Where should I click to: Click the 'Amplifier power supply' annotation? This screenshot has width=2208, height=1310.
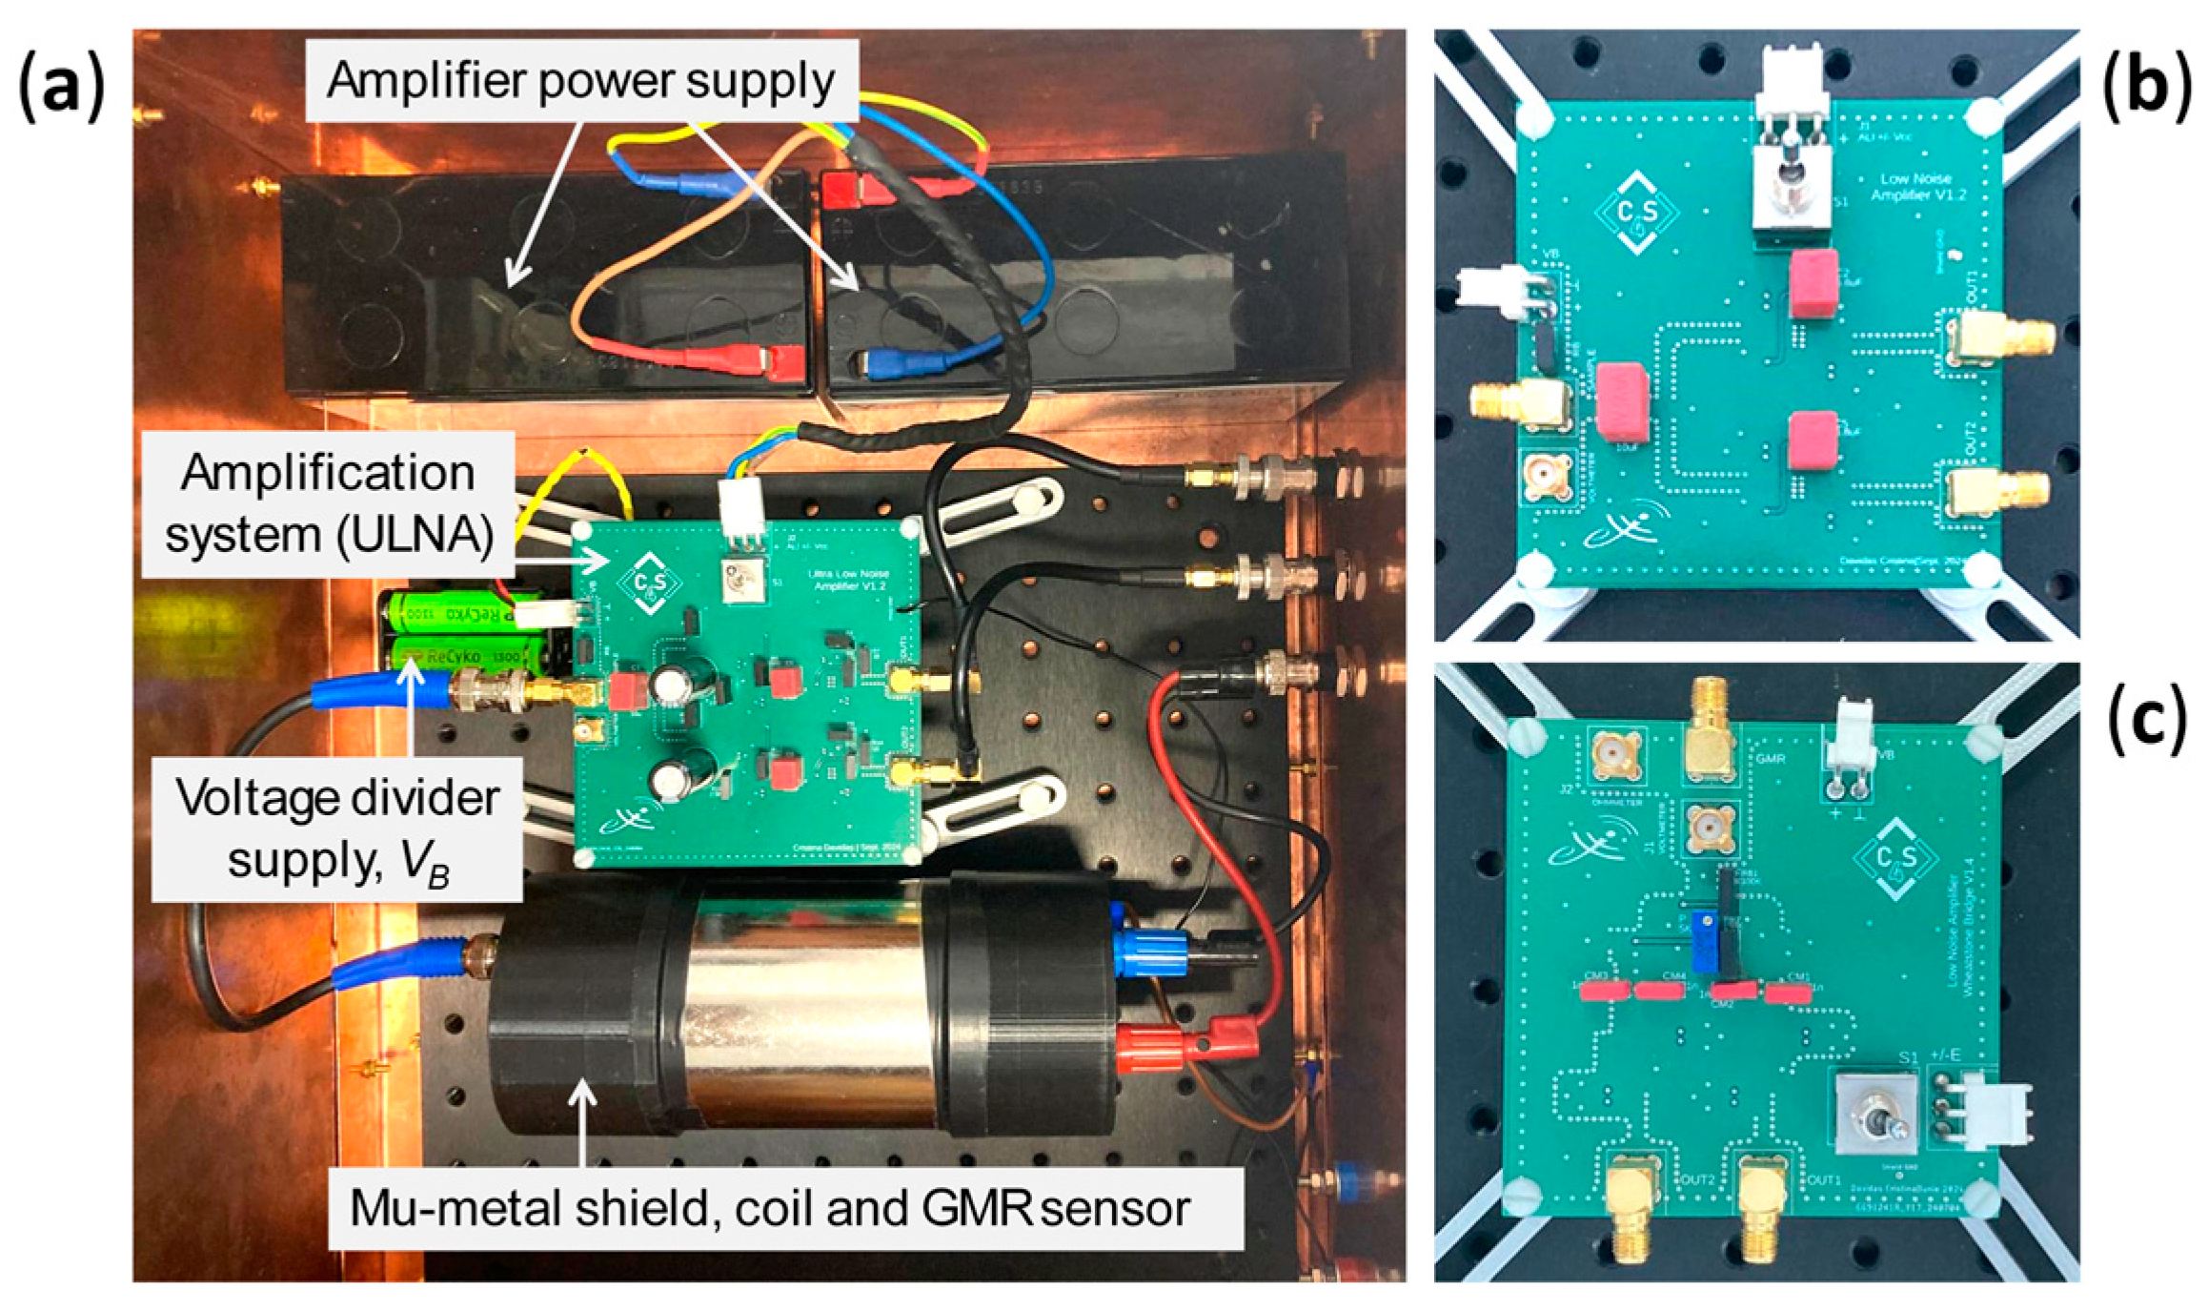tap(581, 81)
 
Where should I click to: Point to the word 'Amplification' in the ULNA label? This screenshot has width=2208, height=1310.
tap(328, 473)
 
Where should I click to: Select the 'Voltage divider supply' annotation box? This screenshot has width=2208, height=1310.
tap(337, 829)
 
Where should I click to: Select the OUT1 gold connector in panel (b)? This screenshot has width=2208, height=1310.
tap(1996, 338)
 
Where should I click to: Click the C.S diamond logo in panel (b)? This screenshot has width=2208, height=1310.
tap(1637, 213)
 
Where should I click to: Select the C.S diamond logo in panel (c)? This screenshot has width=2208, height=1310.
tap(1896, 857)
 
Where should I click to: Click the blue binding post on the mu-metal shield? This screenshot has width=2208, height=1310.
tap(1149, 952)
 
